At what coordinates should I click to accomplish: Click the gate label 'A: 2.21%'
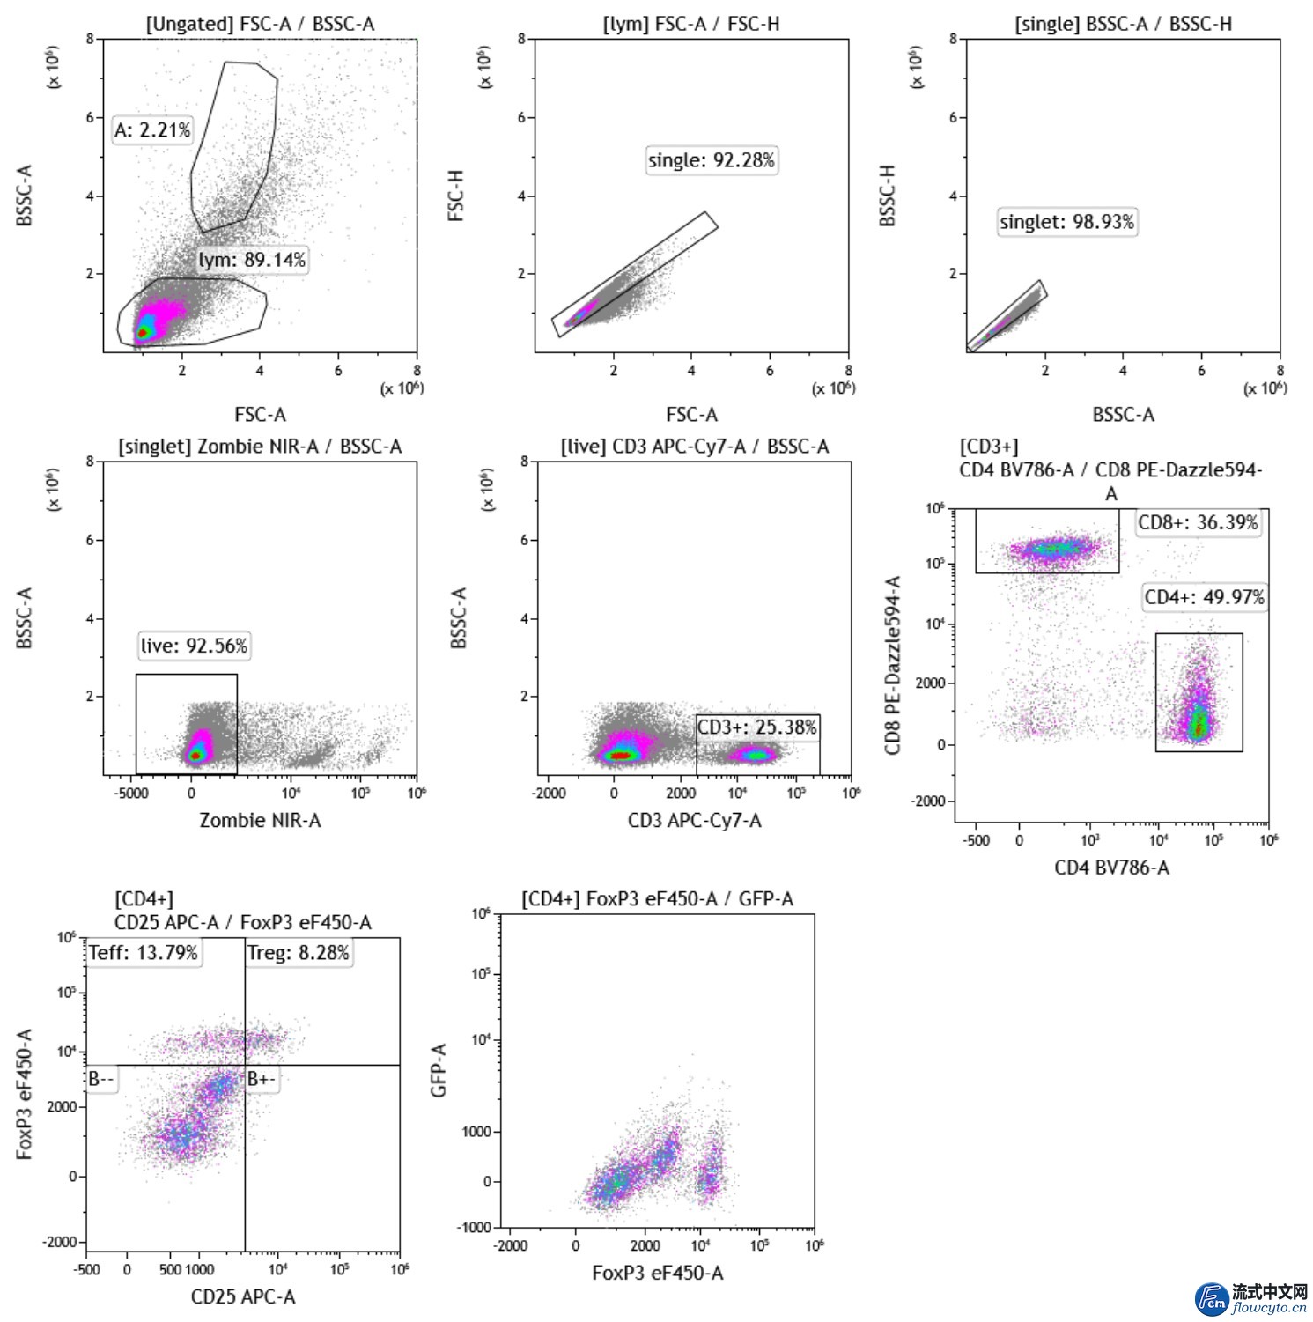152,130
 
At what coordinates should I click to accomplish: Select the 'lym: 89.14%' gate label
252,260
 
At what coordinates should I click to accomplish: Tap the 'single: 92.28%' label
712,160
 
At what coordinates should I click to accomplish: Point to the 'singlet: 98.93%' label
1066,222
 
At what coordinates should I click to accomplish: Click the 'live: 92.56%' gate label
194,646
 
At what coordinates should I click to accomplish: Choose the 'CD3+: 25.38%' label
757,727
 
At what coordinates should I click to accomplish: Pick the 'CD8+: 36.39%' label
1198,522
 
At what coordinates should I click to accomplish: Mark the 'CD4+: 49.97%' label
1204,597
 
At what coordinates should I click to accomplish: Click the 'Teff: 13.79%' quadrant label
144,952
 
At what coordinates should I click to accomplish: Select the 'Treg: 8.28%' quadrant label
299,952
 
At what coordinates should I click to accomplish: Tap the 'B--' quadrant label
101,1079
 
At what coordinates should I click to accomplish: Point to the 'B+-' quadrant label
262,1079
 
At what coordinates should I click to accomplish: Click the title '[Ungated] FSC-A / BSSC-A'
260,24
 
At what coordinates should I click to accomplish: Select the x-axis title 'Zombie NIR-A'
260,820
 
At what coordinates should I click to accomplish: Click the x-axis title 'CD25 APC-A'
243,1296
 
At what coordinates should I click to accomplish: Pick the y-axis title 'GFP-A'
439,1070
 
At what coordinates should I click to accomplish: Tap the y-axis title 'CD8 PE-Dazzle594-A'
893,665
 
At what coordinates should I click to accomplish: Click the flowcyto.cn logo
1250,1298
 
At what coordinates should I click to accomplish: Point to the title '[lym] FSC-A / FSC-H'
691,24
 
